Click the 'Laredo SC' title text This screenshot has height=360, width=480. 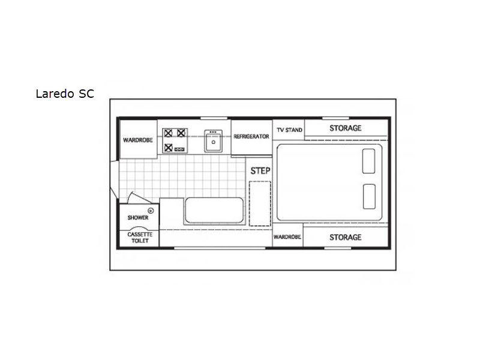(65, 94)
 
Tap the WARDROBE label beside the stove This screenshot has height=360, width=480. (138, 140)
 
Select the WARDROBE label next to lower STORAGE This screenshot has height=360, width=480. (287, 237)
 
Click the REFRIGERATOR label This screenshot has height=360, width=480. (251, 137)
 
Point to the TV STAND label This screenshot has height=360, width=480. (290, 130)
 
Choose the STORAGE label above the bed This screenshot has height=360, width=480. (346, 128)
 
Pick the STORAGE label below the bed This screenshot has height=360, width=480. (346, 237)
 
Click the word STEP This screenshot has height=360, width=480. (260, 171)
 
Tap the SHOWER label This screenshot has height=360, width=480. (138, 218)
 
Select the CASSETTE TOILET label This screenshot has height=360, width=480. (140, 238)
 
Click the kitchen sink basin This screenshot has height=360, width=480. (214, 142)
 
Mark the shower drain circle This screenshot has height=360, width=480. (151, 211)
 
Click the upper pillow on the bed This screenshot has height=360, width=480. (368, 161)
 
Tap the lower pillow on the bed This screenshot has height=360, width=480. (369, 197)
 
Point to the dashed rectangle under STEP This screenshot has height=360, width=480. (260, 203)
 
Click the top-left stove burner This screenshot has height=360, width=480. (168, 133)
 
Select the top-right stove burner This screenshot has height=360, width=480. (181, 133)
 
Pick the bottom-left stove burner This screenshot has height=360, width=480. (168, 148)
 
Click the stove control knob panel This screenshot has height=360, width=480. (179, 149)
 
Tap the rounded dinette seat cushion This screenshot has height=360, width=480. (214, 210)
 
